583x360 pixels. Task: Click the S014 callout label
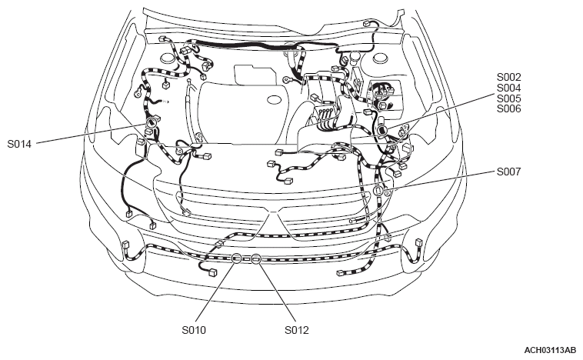point(19,144)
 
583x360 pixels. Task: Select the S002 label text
point(509,77)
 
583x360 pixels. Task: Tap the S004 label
point(509,88)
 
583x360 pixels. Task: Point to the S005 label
point(509,98)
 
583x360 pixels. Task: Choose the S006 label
point(509,109)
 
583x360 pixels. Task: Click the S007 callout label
point(509,172)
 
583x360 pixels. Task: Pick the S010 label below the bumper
point(194,330)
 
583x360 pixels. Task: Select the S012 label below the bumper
point(297,330)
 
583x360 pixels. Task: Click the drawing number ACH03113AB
point(550,351)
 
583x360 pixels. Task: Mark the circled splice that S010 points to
point(237,258)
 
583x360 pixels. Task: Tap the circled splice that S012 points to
point(255,258)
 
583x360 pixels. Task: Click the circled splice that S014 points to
point(151,122)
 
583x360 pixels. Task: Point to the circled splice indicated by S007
point(378,191)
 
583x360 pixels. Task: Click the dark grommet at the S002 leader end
point(382,130)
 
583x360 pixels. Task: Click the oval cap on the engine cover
point(275,100)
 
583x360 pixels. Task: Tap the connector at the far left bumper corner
point(125,245)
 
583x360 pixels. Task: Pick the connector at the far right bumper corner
point(419,242)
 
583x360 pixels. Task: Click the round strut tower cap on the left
point(168,58)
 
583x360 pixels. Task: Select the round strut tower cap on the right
point(381,58)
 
